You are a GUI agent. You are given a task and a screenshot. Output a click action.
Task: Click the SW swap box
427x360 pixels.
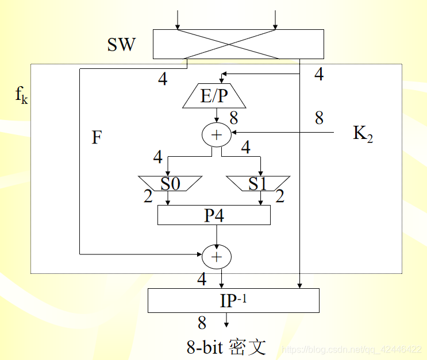coord(238,44)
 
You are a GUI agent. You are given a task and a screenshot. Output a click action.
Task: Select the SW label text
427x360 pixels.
coord(121,45)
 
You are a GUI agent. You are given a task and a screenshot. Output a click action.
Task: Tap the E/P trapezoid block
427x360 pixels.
coord(214,96)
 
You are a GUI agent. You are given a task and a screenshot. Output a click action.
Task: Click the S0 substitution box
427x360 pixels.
coord(170,184)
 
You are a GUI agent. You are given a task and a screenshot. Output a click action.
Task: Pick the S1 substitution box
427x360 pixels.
coord(258,184)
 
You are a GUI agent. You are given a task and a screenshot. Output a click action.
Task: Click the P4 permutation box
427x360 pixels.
coord(214,215)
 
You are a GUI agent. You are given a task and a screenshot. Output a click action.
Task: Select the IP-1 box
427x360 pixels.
coord(233,300)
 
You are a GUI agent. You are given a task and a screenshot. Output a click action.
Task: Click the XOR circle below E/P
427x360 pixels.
coord(216,134)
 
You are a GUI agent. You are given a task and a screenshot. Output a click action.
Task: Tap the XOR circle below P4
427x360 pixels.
coord(216,257)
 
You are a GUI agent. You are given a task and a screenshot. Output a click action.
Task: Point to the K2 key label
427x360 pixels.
coord(363,134)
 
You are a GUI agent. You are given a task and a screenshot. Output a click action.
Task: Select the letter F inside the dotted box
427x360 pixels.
coord(97,137)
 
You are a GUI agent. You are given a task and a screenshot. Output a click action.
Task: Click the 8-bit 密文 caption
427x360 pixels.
coord(226,347)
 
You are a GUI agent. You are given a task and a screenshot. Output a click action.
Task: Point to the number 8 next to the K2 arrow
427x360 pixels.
coord(319,118)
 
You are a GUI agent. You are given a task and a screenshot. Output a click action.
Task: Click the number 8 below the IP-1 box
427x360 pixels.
coord(202,323)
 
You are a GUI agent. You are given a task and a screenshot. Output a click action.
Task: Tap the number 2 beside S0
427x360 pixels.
coord(148,197)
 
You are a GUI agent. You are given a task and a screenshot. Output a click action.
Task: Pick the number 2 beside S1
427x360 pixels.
coord(280,197)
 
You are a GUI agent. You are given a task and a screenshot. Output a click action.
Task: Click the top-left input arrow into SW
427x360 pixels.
coord(178,20)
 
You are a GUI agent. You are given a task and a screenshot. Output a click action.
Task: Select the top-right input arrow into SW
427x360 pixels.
coord(276,20)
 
